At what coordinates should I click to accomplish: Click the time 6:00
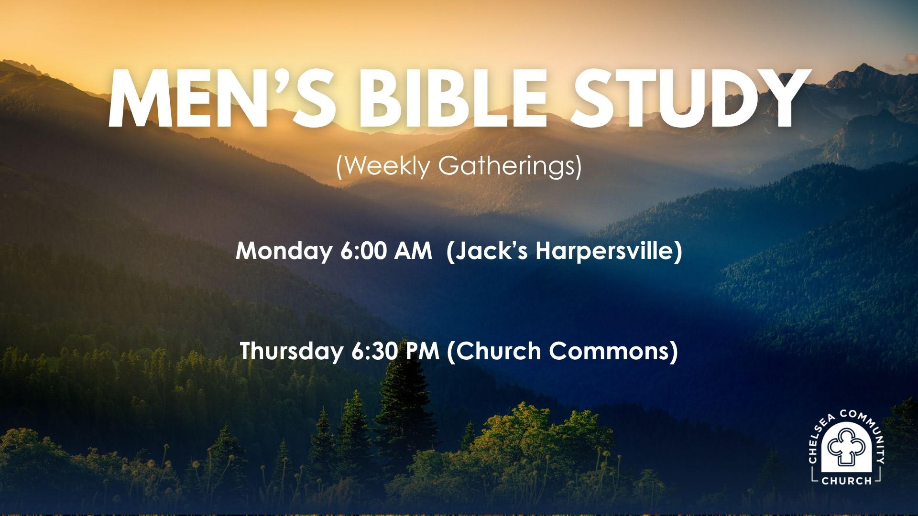click(x=364, y=251)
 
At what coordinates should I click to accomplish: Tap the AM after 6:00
click(x=413, y=251)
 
